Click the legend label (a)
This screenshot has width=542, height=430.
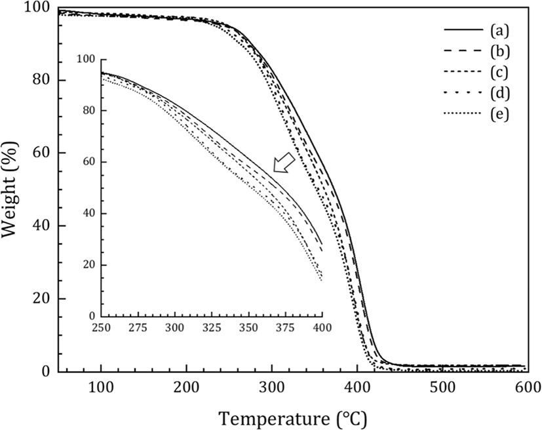point(499,30)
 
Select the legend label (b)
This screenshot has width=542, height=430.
point(499,51)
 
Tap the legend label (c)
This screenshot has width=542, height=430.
point(499,72)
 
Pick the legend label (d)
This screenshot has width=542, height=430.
point(499,93)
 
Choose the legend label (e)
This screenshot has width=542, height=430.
point(499,113)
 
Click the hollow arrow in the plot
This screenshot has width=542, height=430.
point(284,162)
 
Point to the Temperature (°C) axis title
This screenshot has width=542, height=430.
point(292,420)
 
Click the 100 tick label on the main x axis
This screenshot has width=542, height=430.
point(101,387)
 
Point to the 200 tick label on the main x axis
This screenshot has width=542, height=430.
point(187,387)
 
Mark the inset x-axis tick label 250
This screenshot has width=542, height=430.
point(102,327)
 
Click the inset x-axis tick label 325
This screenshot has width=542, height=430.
point(212,327)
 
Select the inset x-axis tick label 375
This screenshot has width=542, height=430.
point(286,327)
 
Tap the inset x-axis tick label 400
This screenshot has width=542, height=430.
point(322,327)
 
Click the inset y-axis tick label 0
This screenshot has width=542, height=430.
point(92,316)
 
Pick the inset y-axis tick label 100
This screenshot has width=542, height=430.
point(86,59)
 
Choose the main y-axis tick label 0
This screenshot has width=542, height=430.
point(46,372)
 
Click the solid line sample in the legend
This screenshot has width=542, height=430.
point(463,30)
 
